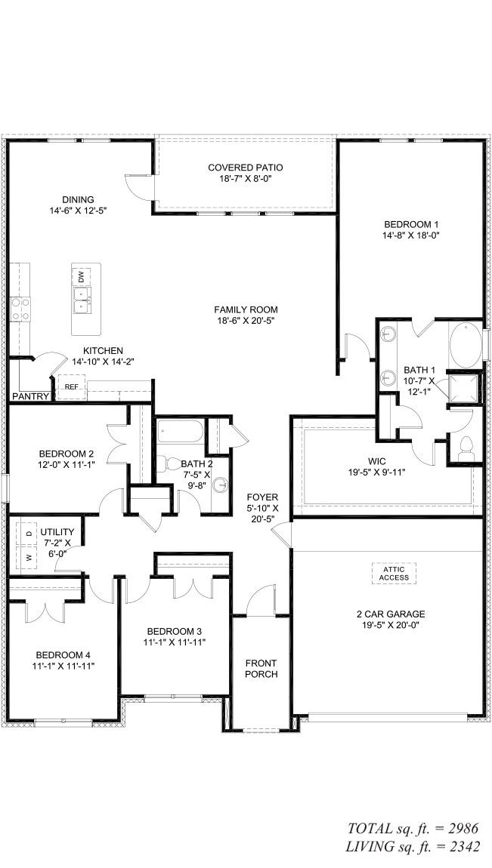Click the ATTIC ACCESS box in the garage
(395, 574)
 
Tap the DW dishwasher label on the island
(81, 275)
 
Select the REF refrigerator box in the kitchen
(72, 386)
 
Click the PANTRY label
(31, 396)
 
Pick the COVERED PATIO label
(246, 167)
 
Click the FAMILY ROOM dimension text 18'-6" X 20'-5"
(246, 321)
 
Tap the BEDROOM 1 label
(411, 224)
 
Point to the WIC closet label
(377, 460)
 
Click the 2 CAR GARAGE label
(391, 614)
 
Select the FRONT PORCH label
(261, 668)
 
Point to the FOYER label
(263, 497)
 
